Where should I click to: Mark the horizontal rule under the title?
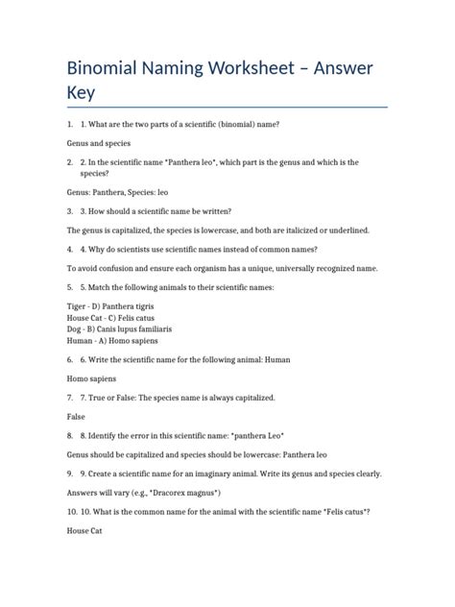pyautogui.click(x=227, y=108)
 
